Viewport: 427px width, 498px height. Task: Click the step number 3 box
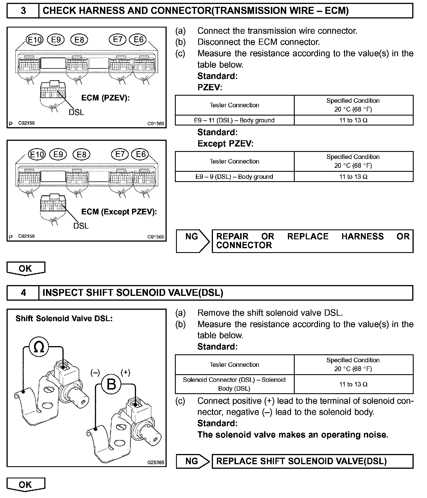(x=23, y=11)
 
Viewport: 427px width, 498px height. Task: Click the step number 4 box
(x=23, y=293)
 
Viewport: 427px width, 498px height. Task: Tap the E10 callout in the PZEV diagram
(x=35, y=40)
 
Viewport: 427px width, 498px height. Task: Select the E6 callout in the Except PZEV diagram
(x=141, y=154)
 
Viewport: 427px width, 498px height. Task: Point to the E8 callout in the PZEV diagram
(x=79, y=40)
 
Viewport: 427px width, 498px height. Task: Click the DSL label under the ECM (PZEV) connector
(x=76, y=112)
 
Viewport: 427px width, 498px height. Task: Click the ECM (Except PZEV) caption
(x=119, y=212)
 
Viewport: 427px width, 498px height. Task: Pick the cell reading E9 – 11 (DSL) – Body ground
(x=234, y=120)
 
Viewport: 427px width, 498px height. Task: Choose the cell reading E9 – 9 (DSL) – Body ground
(x=234, y=177)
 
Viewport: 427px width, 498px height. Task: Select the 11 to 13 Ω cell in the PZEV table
(x=353, y=120)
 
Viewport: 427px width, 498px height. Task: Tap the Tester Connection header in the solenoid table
(x=234, y=365)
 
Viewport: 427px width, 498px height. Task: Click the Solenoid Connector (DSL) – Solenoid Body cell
(x=234, y=384)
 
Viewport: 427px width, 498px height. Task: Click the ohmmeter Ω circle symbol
(x=39, y=347)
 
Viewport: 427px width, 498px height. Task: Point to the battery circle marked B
(x=111, y=385)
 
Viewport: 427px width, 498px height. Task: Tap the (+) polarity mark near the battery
(x=125, y=373)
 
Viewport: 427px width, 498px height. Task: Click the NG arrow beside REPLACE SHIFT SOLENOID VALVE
(x=192, y=461)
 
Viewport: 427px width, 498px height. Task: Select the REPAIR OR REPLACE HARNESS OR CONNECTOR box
(x=312, y=241)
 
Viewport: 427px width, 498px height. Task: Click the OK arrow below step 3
(x=26, y=269)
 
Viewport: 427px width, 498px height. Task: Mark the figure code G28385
(x=156, y=462)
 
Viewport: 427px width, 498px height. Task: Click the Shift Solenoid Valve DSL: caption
(x=64, y=319)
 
